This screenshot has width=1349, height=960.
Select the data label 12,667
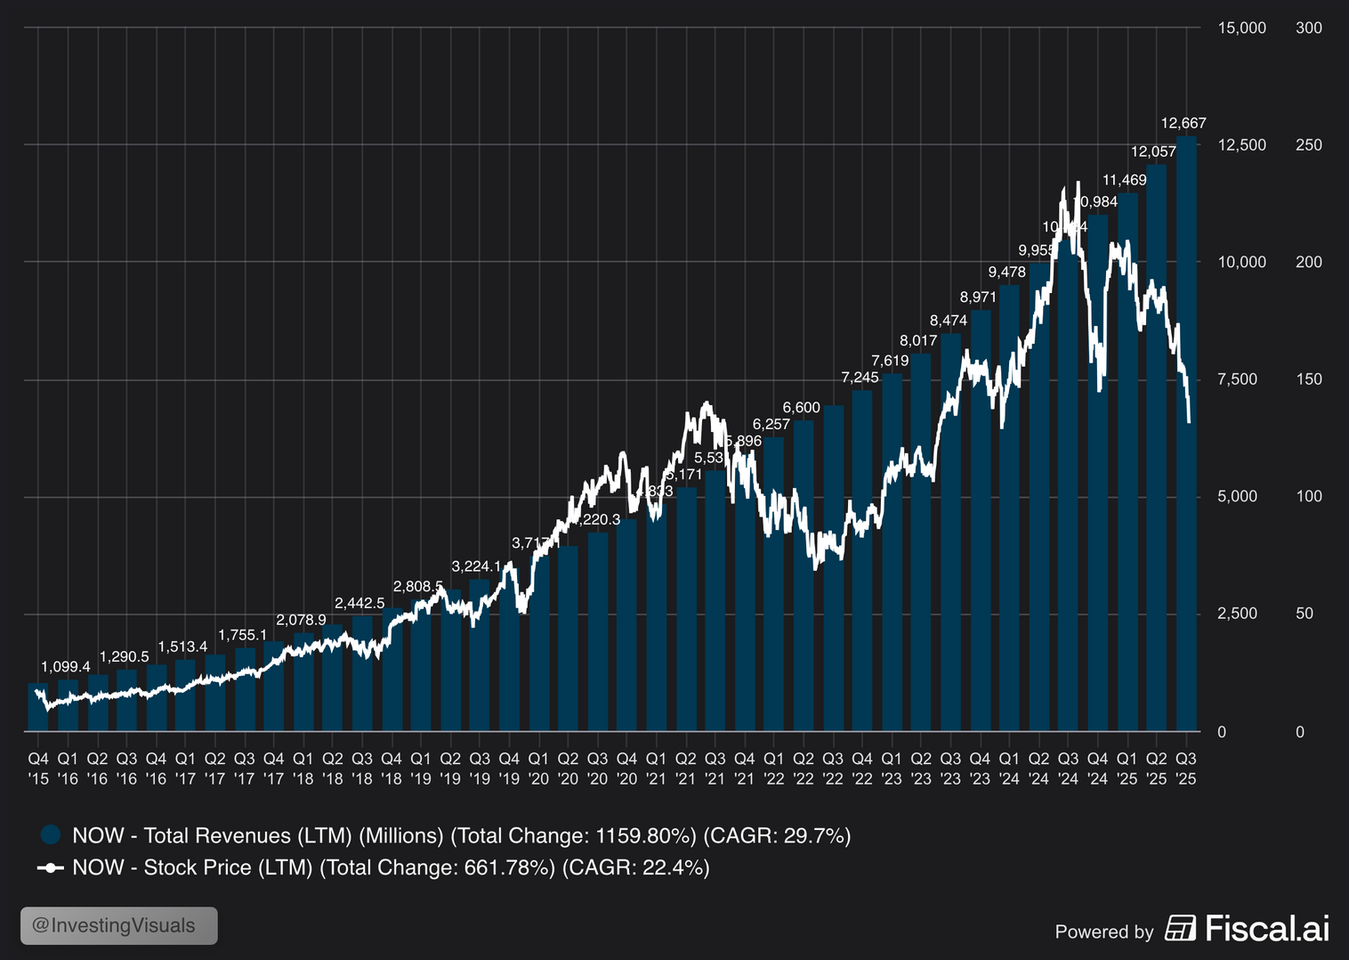pos(1183,123)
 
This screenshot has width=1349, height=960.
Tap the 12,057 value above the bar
pos(1153,151)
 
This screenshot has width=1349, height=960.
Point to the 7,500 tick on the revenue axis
pos(1237,379)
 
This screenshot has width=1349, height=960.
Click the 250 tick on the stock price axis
pos(1309,145)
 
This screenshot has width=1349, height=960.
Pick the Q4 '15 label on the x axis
pos(38,769)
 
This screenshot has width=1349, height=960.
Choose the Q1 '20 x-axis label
pos(538,769)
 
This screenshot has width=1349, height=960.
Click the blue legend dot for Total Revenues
pos(51,834)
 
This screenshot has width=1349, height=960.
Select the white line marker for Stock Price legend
pos(51,867)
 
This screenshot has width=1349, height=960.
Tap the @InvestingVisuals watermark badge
pos(119,925)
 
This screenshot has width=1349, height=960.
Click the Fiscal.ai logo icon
pos(1181,928)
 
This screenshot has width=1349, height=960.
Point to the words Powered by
pos(1103,932)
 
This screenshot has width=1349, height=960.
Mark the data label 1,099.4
pos(66,666)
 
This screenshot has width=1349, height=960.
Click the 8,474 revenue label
pos(949,321)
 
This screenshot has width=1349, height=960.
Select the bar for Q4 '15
pos(38,707)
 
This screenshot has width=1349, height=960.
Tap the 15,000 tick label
pos(1241,28)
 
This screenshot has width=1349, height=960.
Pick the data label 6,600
pos(802,407)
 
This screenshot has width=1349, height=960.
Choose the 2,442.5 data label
pos(359,603)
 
